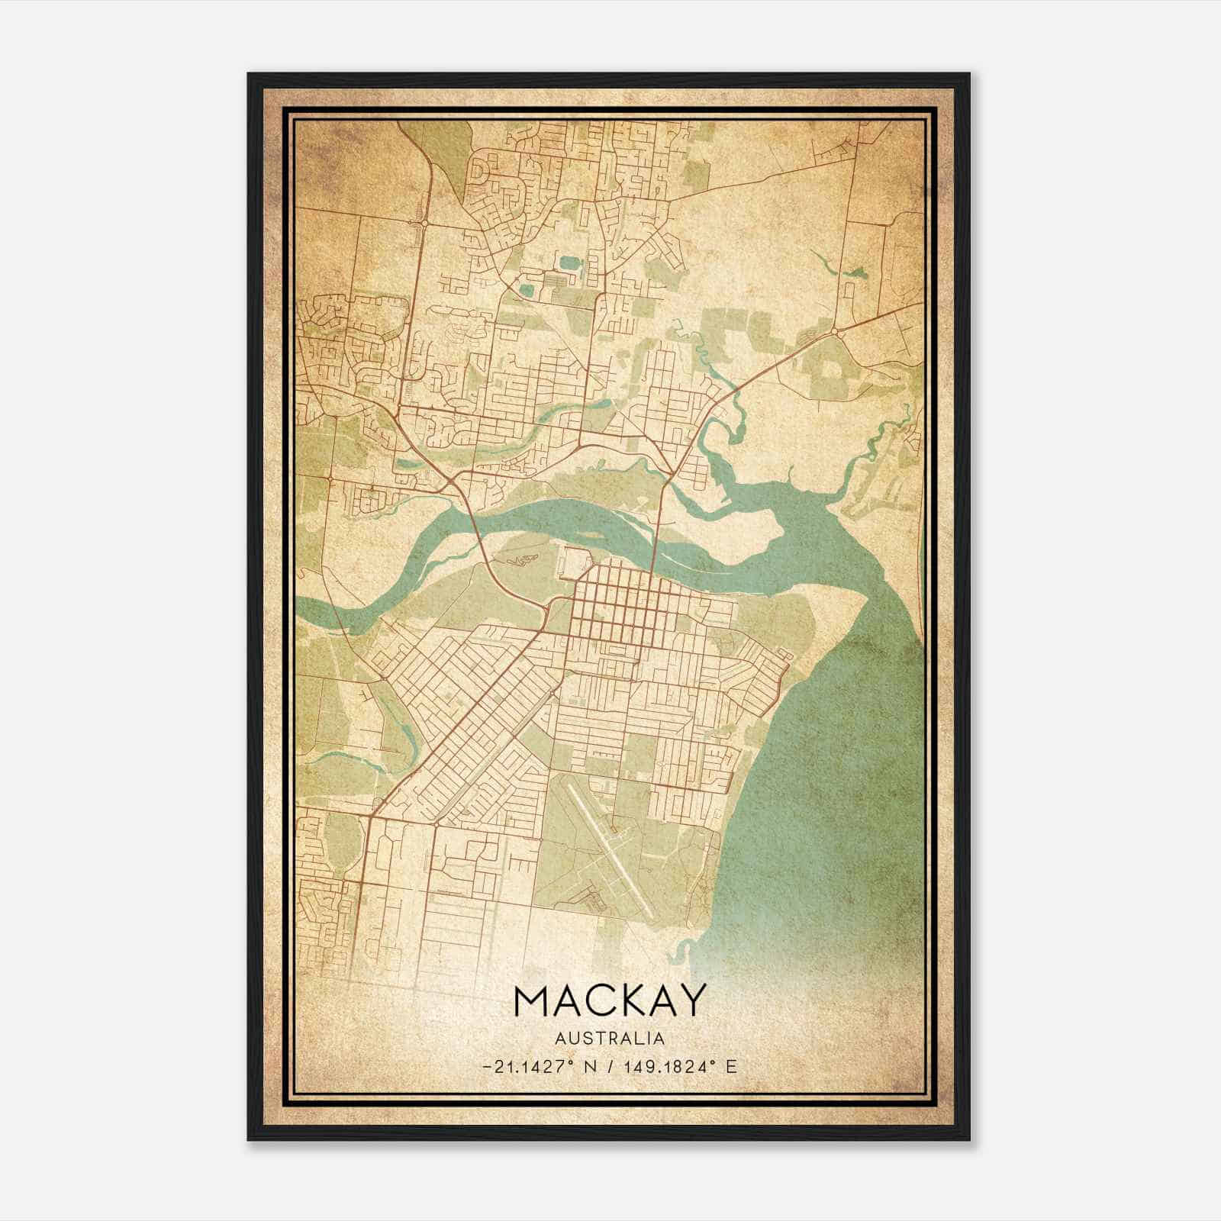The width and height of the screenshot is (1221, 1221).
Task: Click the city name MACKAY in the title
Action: click(608, 1000)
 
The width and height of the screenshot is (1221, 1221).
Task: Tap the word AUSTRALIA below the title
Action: click(609, 1039)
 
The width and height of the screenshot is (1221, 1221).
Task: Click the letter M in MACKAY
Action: click(532, 1000)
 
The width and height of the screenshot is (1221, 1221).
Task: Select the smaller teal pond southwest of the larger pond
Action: click(527, 290)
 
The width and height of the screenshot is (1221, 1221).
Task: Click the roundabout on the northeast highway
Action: click(837, 330)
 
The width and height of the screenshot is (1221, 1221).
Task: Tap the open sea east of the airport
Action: click(824, 801)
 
